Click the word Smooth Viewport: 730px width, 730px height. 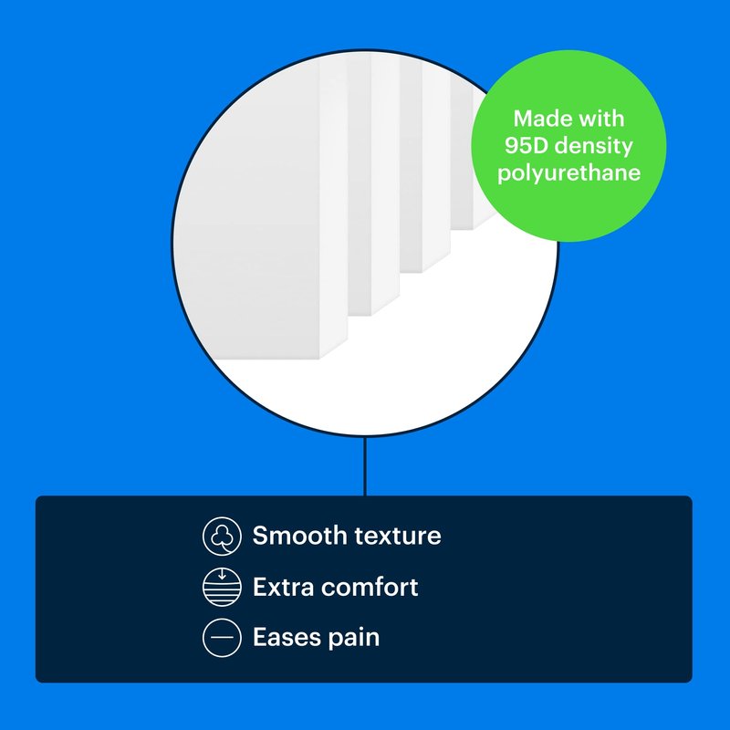pyautogui.click(x=298, y=536)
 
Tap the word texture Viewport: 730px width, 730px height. pyautogui.click(x=397, y=536)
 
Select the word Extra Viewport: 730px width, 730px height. pyautogui.click(x=283, y=587)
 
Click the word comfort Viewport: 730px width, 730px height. pyautogui.click(x=370, y=587)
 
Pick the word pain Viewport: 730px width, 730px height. pyautogui.click(x=354, y=638)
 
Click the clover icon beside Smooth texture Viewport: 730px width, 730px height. pyautogui.click(x=222, y=536)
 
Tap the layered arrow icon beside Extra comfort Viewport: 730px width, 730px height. pyautogui.click(x=222, y=587)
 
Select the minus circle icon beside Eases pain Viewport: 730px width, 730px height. pyautogui.click(x=222, y=637)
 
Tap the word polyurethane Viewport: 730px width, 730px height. pyautogui.click(x=568, y=173)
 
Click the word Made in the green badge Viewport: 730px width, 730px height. pyautogui.click(x=541, y=119)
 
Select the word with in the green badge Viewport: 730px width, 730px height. pyautogui.click(x=601, y=119)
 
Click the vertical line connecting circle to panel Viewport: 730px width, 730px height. pyautogui.click(x=365, y=466)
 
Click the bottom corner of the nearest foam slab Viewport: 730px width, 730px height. pyautogui.click(x=319, y=360)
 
